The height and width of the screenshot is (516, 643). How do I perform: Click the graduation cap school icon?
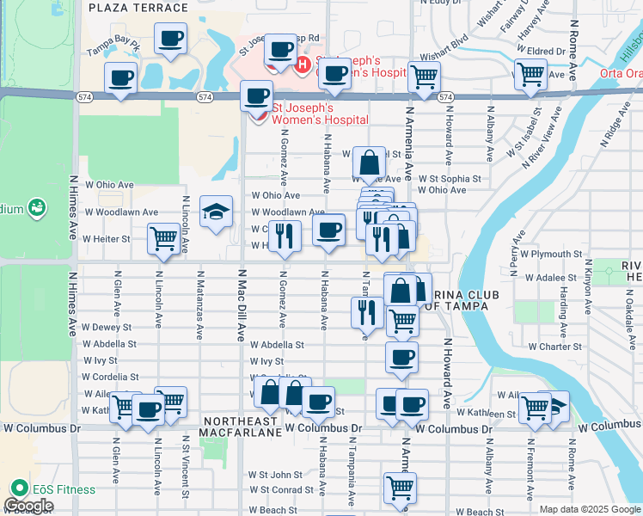tap(216, 211)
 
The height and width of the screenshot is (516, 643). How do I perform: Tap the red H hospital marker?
tap(302, 64)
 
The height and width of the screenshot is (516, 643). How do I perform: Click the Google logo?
tap(28, 506)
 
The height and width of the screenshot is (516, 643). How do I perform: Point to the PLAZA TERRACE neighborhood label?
tap(138, 8)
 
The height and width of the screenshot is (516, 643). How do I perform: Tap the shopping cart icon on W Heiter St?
tap(163, 239)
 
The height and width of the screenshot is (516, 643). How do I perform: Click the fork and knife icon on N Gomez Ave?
tap(284, 235)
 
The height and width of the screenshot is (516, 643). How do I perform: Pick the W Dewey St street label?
tap(107, 328)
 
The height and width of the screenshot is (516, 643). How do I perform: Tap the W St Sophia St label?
tap(450, 179)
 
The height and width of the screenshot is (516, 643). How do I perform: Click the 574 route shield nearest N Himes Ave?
tap(84, 98)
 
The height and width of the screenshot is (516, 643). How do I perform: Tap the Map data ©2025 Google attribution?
tap(589, 509)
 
